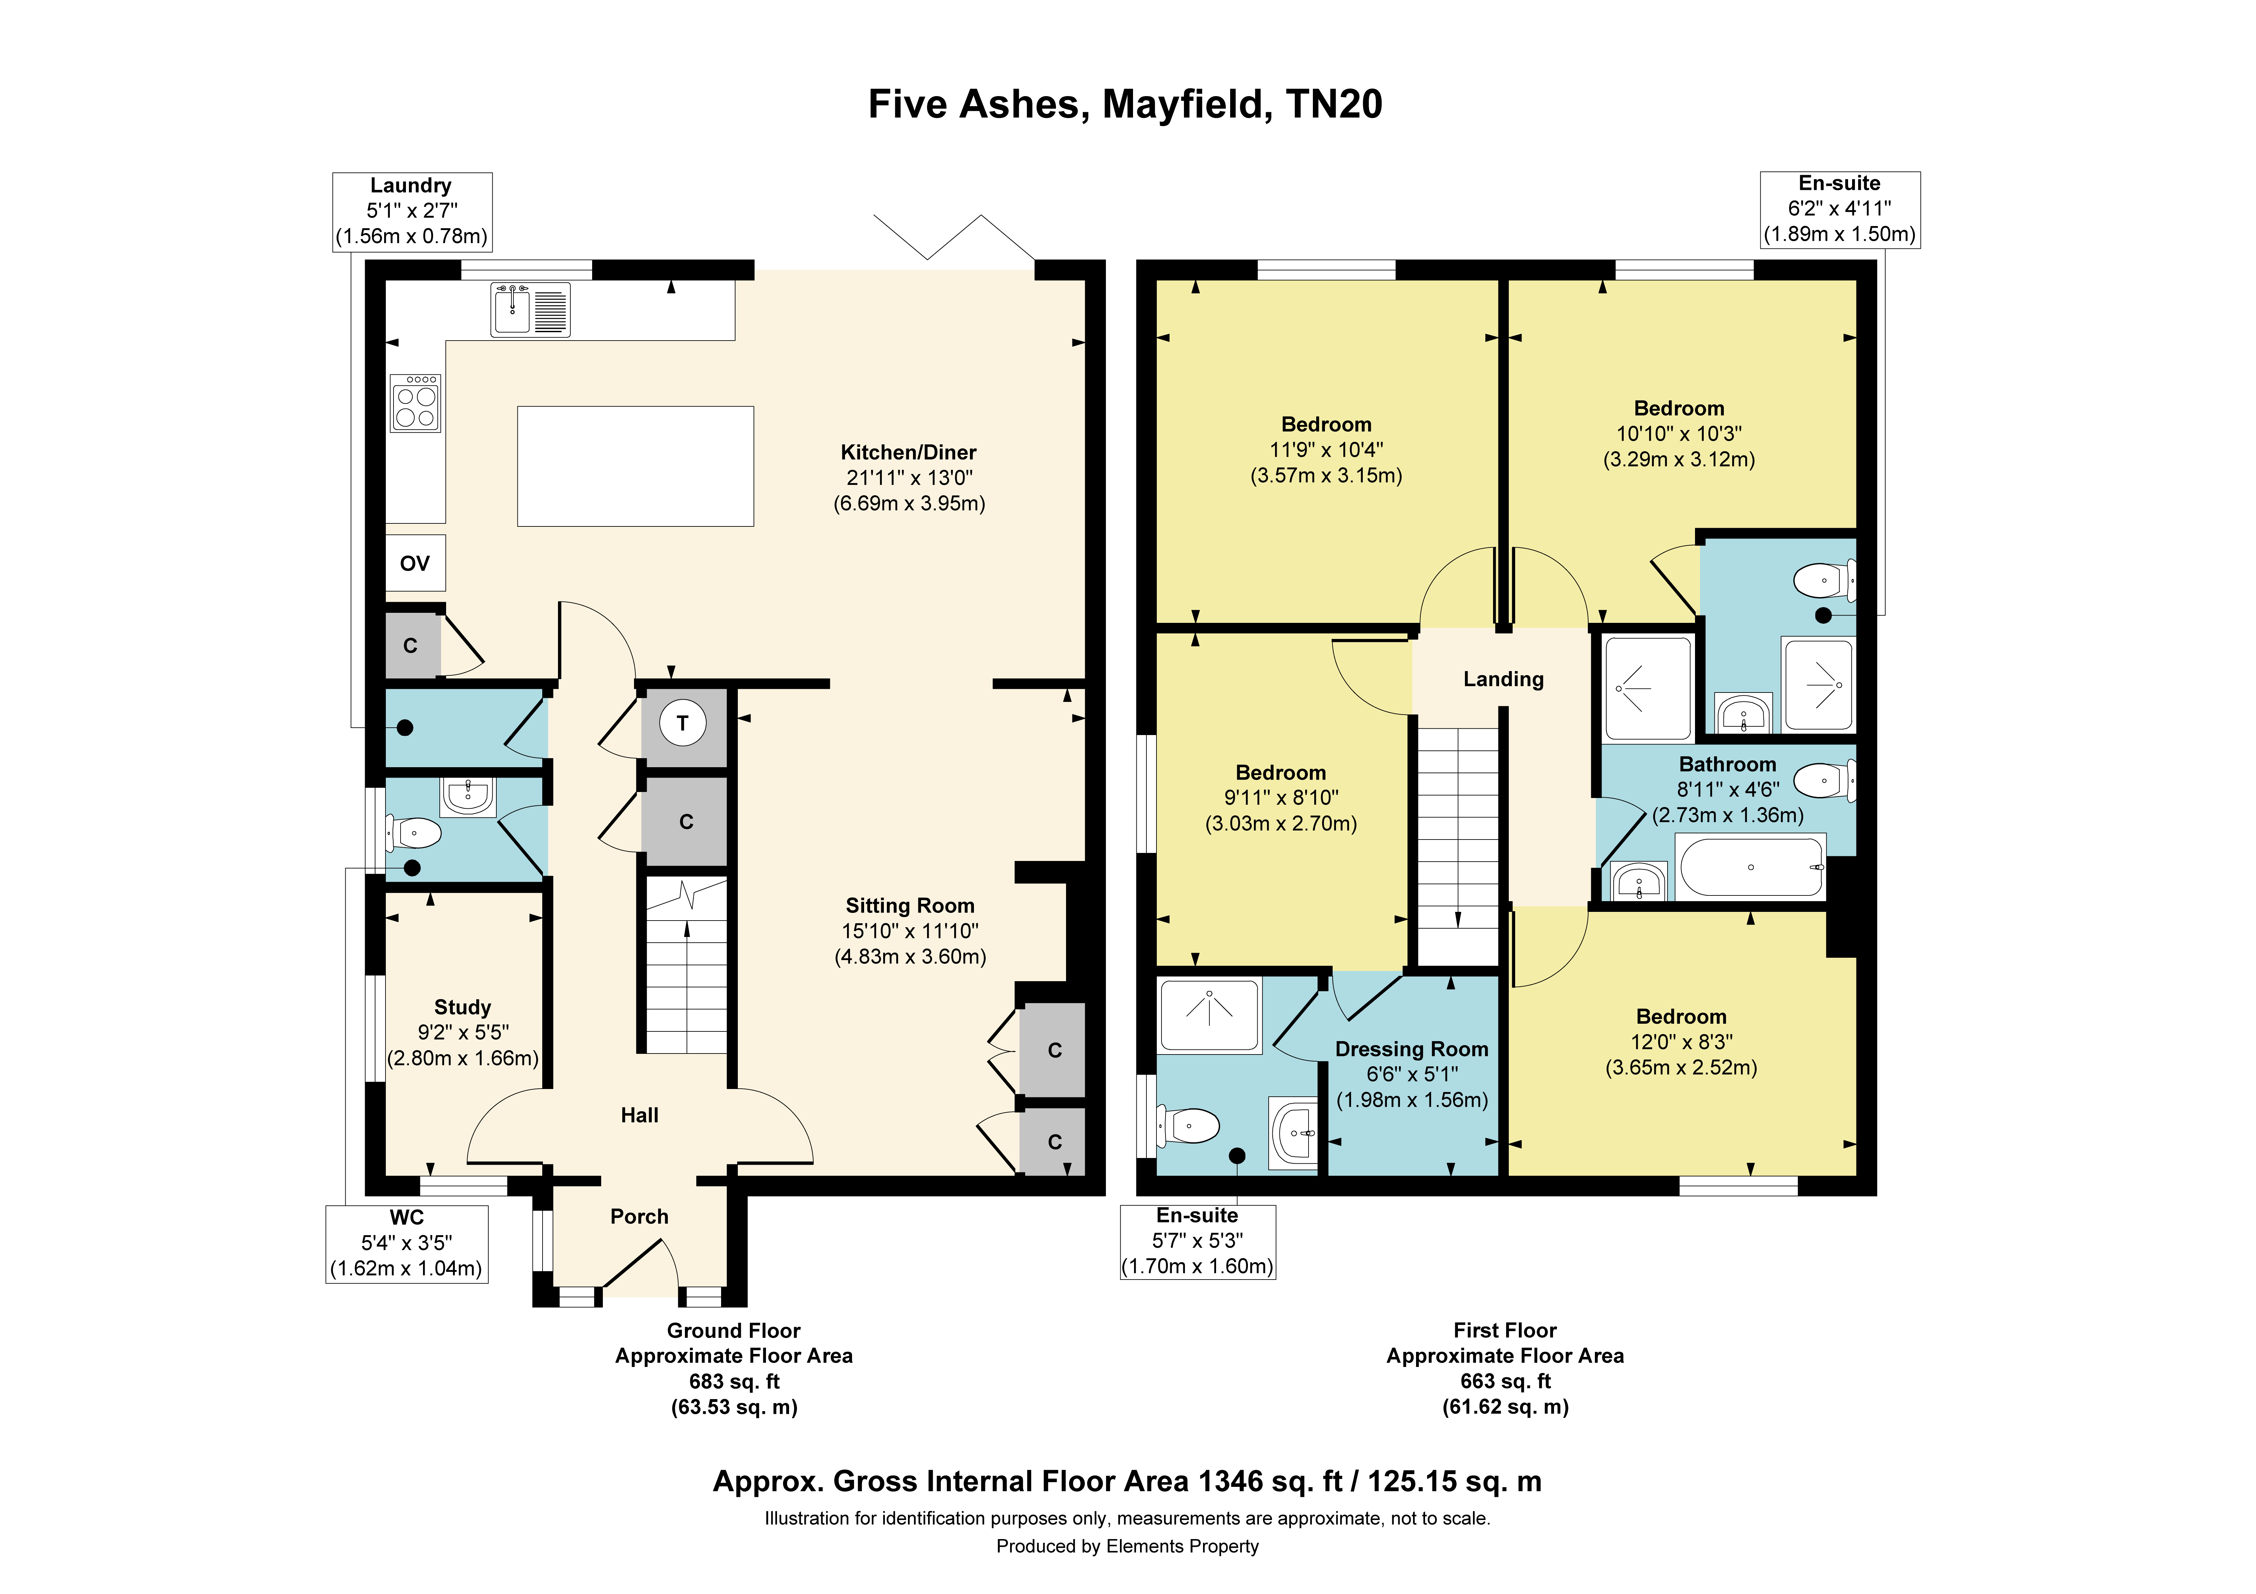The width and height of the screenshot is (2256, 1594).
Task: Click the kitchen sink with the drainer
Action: point(531,309)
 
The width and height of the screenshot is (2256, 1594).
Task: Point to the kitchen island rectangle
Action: point(636,466)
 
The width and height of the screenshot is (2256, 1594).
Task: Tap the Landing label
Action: point(1503,679)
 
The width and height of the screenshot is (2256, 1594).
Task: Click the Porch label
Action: point(640,1217)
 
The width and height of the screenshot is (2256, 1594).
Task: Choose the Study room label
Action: point(463,1007)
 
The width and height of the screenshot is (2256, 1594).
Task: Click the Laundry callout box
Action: point(412,211)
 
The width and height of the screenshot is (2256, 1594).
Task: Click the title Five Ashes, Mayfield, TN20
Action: point(1126,104)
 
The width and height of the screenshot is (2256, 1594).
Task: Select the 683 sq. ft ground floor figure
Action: point(734,1381)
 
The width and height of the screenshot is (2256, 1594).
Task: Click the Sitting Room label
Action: point(910,905)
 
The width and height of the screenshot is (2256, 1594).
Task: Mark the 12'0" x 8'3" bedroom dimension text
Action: point(1681,1042)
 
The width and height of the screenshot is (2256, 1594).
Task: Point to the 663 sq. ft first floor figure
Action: point(1505,1381)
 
